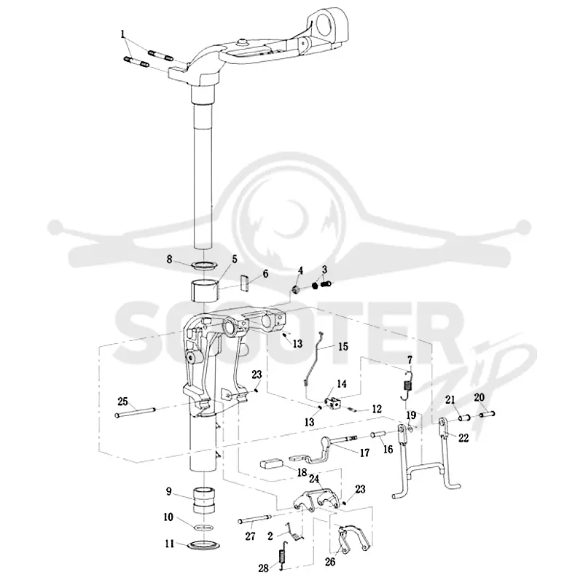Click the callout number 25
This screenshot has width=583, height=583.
pos(122,402)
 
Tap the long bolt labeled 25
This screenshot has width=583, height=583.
pos(135,412)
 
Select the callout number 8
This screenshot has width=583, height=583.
pos(170,259)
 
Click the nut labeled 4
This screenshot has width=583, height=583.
pos(296,289)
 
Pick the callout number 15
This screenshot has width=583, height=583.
pos(343,347)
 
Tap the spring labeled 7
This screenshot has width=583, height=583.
pos(407,385)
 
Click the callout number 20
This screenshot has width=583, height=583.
pos(480,397)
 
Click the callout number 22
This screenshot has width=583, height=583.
pos(463,438)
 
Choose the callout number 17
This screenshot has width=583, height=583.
pos(365,453)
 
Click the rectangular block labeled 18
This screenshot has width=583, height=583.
pos(272,464)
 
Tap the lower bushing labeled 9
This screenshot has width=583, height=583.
pos(204,501)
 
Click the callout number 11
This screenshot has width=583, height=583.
pos(170,544)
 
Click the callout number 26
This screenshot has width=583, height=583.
pos(330,562)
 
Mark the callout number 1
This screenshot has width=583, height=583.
pos(122,34)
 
